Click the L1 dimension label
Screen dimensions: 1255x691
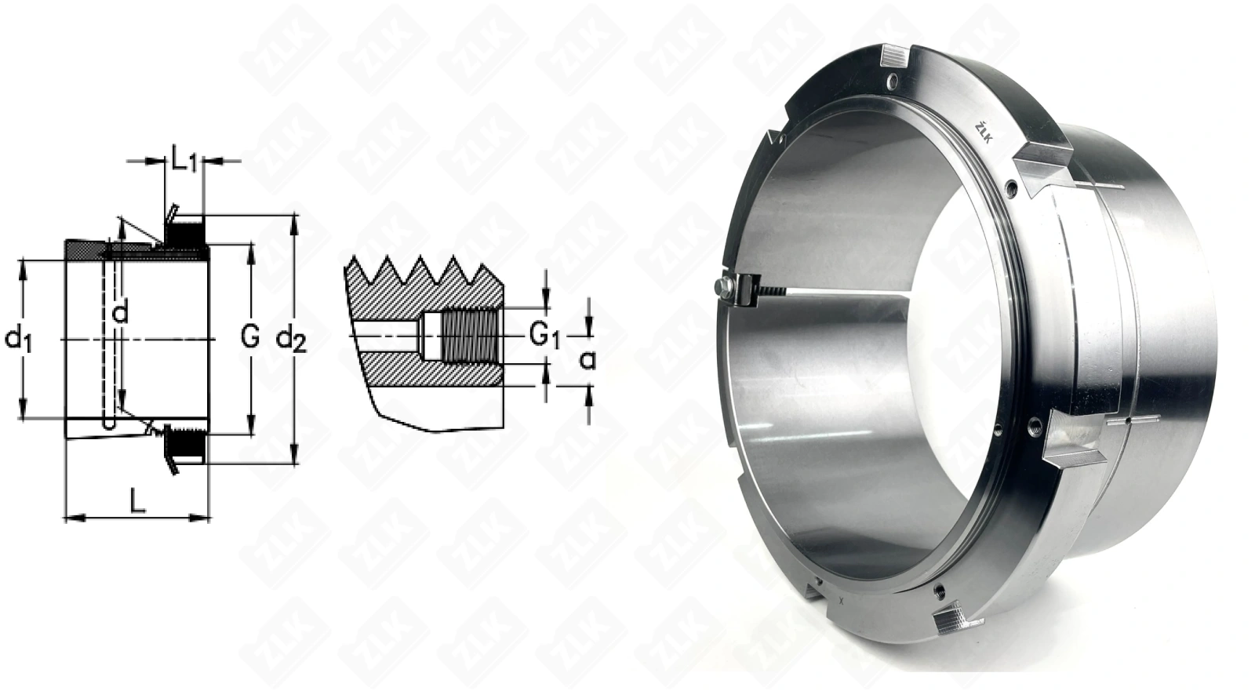point(184,162)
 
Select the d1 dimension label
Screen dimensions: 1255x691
point(18,340)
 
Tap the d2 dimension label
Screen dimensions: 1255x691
point(291,340)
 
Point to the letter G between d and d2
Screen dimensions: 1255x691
point(250,336)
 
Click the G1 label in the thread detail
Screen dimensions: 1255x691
point(544,336)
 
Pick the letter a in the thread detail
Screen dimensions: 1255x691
point(587,360)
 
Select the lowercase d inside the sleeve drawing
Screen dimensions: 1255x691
point(121,311)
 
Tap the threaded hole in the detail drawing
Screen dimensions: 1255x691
point(470,336)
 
